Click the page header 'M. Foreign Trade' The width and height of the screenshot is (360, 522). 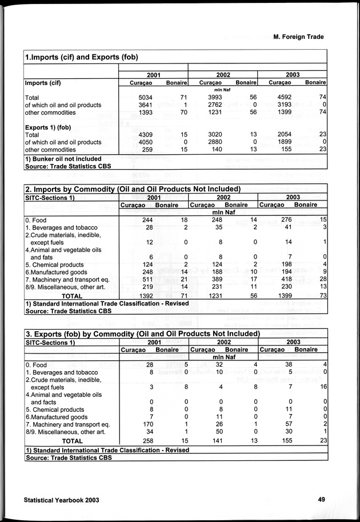pyautogui.click(x=294, y=37)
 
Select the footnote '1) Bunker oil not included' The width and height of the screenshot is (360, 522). pyautogui.click(x=63, y=159)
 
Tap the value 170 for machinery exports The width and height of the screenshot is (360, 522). pyautogui.click(x=147, y=424)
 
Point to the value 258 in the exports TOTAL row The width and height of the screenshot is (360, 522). pyautogui.click(x=147, y=441)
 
